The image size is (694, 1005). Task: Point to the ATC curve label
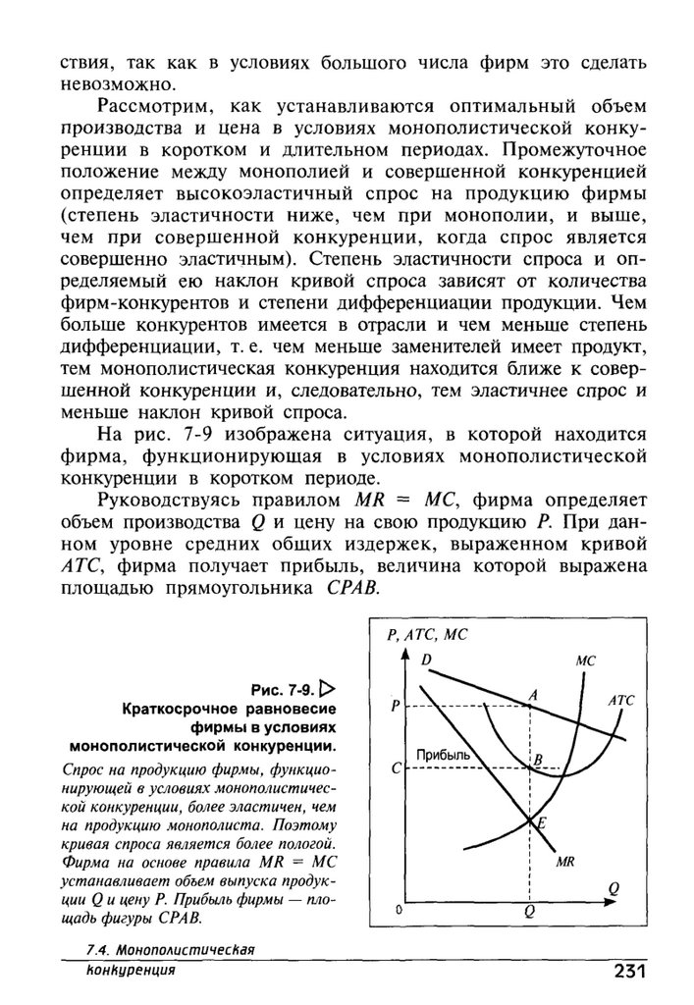pyautogui.click(x=621, y=701)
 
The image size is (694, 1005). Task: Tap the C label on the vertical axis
pyautogui.click(x=395, y=769)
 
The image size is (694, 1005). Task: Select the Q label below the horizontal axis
pyautogui.click(x=529, y=912)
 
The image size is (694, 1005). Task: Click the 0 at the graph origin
pyautogui.click(x=400, y=911)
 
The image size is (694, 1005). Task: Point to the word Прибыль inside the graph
pyautogui.click(x=446, y=754)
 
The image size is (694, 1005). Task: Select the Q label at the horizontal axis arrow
pyautogui.click(x=614, y=887)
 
